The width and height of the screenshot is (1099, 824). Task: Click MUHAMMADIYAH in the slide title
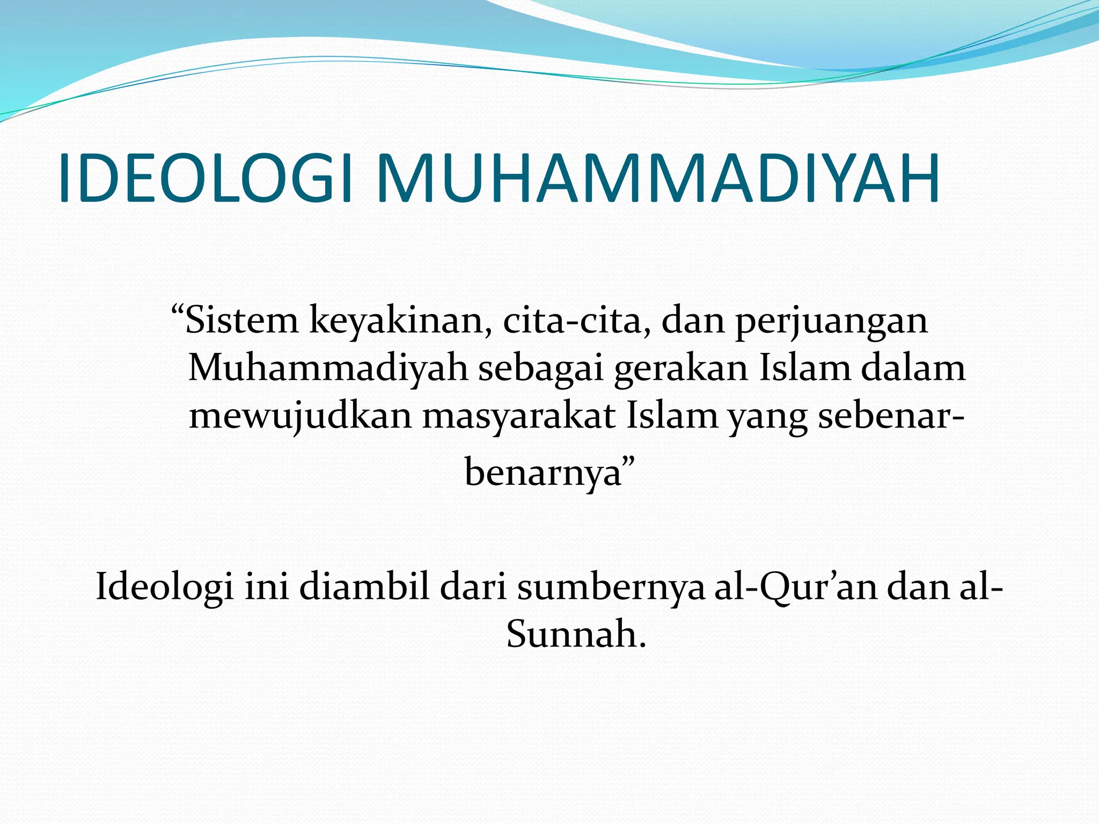tap(658, 178)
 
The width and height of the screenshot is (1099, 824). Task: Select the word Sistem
tap(241, 321)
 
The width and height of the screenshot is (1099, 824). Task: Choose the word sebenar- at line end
tap(891, 416)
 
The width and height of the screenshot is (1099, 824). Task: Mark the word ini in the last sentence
tap(266, 587)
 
